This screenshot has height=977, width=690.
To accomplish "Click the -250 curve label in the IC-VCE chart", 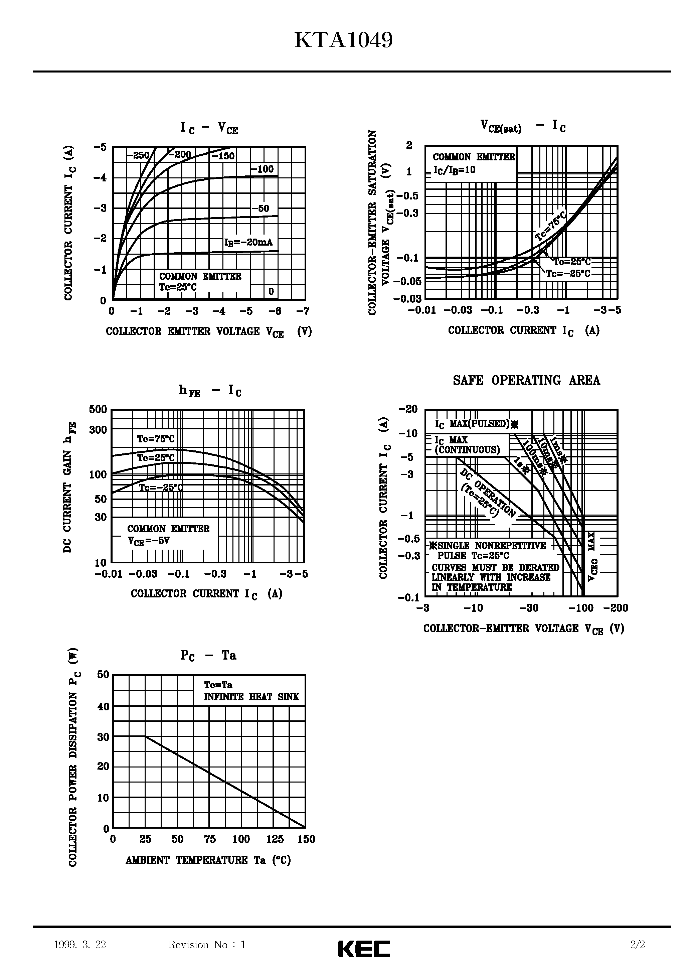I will click(138, 156).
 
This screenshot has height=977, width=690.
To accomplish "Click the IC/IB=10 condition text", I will click(454, 170).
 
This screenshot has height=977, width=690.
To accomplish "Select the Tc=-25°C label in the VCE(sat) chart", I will click(568, 274).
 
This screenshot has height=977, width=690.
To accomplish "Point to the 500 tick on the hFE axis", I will click(98, 410).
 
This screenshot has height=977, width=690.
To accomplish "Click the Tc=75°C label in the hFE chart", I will click(156, 439).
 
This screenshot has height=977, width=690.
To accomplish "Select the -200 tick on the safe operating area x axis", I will click(616, 608).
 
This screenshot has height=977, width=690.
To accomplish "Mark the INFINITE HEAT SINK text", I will click(251, 697).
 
